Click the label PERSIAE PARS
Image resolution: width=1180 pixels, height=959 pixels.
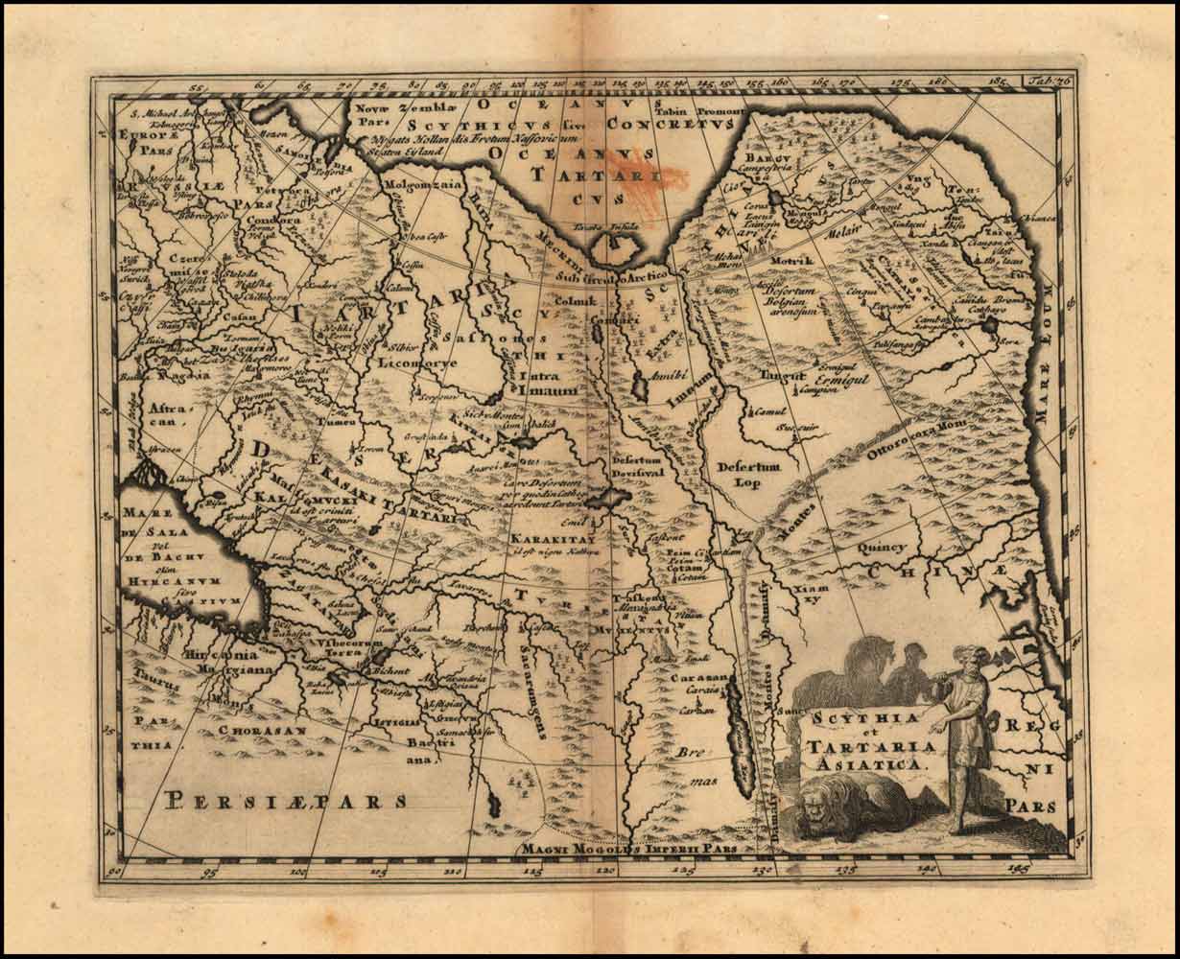click(x=286, y=800)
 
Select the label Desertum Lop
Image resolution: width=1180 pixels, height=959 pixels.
click(x=749, y=474)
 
